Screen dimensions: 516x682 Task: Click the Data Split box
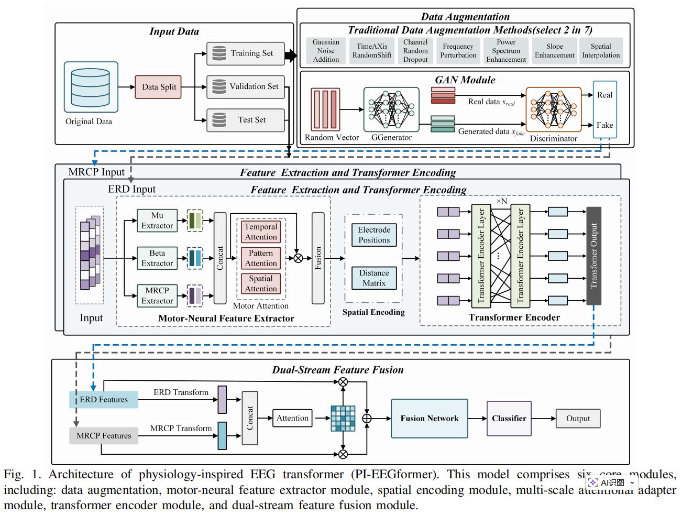pos(158,87)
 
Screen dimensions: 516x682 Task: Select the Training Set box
pos(246,53)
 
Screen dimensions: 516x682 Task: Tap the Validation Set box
pos(246,86)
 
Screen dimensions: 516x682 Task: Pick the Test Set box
pos(246,120)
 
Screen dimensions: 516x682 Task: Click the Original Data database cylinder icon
pos(91,87)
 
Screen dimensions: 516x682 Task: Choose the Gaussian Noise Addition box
pos(326,51)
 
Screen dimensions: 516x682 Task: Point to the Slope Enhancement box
pos(554,51)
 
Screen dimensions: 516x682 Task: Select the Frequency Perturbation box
pos(458,51)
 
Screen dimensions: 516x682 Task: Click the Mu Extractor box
pos(157,221)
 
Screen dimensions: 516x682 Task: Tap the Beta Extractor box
pos(157,258)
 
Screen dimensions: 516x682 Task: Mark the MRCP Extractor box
pos(157,295)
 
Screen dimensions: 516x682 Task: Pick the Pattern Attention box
pos(261,258)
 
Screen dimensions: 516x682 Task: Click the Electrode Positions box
pos(374,235)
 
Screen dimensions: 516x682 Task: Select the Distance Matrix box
pos(374,278)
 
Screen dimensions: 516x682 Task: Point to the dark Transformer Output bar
pos(593,256)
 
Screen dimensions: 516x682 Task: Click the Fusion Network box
pos(430,419)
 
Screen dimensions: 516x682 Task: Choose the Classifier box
pos(509,419)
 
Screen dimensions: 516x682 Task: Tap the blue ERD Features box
pos(104,400)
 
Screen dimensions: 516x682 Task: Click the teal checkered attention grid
pos(343,419)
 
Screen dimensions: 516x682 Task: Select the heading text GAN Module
pos(465,80)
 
